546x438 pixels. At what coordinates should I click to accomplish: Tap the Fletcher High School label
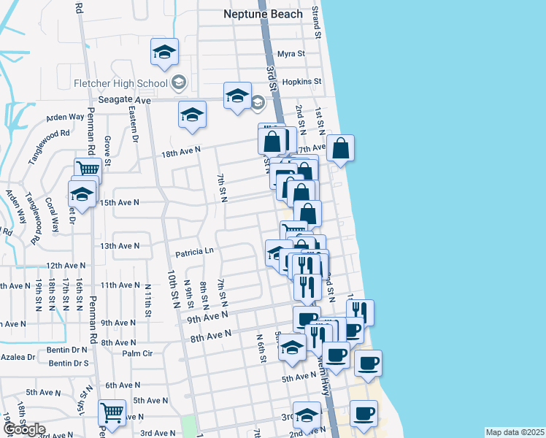(x=120, y=82)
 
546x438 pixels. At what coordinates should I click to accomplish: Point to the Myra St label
(x=291, y=54)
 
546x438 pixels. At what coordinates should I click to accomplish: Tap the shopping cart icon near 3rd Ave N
(x=111, y=413)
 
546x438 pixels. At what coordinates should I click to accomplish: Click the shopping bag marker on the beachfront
(x=341, y=148)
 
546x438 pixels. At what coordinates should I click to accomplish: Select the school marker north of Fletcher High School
(x=165, y=52)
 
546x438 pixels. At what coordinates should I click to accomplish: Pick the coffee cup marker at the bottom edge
(x=363, y=413)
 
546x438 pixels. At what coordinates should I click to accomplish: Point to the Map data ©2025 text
(x=514, y=432)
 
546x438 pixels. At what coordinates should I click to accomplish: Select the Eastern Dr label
(x=134, y=123)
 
